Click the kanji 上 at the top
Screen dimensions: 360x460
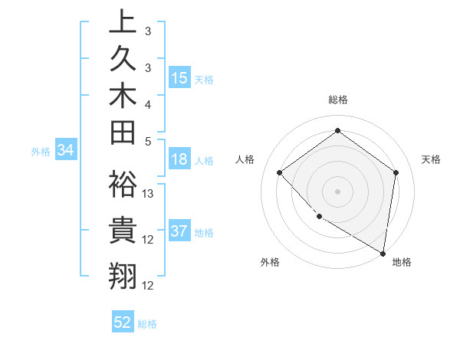click(x=123, y=23)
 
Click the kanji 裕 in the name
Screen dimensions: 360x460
click(x=123, y=184)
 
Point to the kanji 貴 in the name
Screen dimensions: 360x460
click(x=123, y=230)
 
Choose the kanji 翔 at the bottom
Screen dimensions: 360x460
click(x=123, y=275)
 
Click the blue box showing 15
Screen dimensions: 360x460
click(x=179, y=78)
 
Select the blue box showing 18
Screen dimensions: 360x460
click(x=179, y=159)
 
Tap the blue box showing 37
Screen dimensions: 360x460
click(x=179, y=231)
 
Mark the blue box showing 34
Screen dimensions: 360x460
click(x=65, y=150)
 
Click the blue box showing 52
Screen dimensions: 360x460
click(x=123, y=322)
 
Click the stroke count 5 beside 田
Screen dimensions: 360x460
click(x=147, y=141)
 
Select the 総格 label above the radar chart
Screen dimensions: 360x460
click(x=337, y=100)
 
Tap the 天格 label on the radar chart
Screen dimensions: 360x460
click(x=431, y=159)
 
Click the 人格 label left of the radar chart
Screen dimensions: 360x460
click(x=245, y=159)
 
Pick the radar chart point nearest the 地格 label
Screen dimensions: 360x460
click(x=383, y=253)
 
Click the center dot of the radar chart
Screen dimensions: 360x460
click(x=337, y=191)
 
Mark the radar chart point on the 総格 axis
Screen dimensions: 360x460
click(x=337, y=131)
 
